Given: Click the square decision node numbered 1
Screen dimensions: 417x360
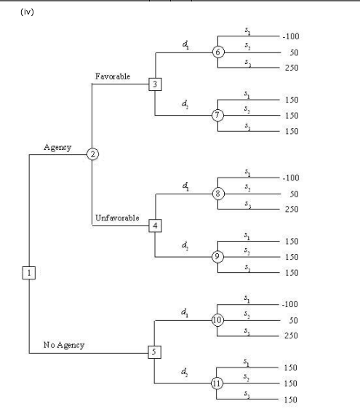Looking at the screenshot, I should point(29,272).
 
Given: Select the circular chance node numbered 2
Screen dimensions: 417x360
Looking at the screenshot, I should point(92,154).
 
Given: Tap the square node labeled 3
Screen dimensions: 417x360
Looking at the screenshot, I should point(156,84).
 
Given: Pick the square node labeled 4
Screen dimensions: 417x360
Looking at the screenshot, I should point(156,225).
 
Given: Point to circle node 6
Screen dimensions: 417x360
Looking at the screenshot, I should point(218,52).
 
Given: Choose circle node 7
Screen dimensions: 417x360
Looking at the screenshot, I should point(217,115).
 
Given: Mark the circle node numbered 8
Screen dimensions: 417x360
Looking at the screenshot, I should point(218,193).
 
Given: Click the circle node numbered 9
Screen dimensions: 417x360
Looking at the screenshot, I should point(217,256).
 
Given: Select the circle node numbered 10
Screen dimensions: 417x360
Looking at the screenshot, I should point(217,320).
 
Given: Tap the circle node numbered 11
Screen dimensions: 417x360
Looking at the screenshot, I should point(217,383).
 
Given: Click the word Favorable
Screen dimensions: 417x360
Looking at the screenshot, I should point(113,76).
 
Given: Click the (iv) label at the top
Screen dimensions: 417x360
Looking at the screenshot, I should point(20,11).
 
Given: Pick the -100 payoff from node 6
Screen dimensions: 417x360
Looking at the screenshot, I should point(289,36).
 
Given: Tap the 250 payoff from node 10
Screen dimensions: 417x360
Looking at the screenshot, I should point(290,335).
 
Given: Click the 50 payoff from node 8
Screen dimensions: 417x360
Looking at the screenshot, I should point(294,194).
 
